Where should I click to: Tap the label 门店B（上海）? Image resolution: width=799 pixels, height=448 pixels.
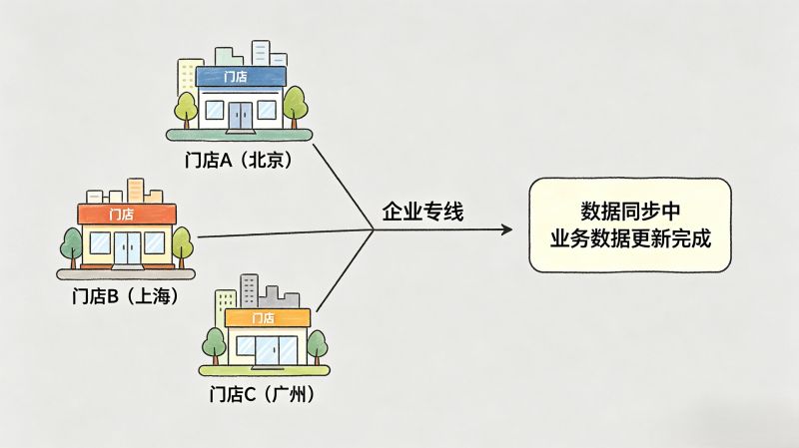pyautogui.click(x=125, y=295)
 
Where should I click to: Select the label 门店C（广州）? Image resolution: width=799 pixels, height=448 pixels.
pyautogui.click(x=263, y=394)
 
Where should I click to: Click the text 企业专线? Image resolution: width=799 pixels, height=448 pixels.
pyautogui.click(x=422, y=212)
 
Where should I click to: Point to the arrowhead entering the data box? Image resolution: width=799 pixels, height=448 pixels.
pyautogui.click(x=506, y=229)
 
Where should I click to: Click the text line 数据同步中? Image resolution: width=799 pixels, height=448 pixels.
pyautogui.click(x=630, y=213)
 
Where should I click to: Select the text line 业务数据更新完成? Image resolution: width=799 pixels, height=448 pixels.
pyautogui.click(x=630, y=240)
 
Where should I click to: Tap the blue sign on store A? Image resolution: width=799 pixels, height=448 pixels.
pyautogui.click(x=240, y=77)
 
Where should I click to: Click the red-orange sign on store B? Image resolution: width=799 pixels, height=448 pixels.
pyautogui.click(x=126, y=214)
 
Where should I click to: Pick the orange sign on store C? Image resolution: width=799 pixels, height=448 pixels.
pyautogui.click(x=266, y=317)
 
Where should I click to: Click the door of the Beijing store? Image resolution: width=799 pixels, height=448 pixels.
pyautogui.click(x=241, y=116)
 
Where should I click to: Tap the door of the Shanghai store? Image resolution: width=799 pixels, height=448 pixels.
pyautogui.click(x=126, y=248)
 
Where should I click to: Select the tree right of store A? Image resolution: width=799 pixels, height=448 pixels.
pyautogui.click(x=294, y=104)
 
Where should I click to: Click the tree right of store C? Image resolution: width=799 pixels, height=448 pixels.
pyautogui.click(x=317, y=345)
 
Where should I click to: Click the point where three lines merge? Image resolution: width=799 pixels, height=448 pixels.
pyautogui.click(x=374, y=230)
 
